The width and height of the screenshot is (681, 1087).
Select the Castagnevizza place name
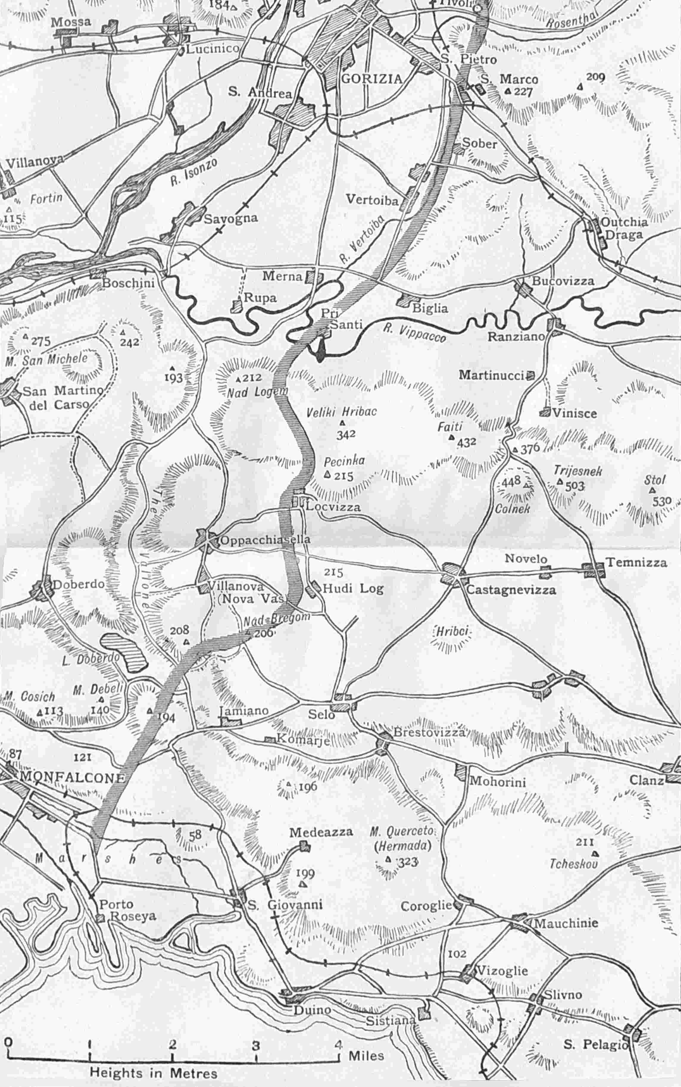tap(511, 590)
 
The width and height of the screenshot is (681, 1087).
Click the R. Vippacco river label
tap(414, 334)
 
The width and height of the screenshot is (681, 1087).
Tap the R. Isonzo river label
tap(194, 171)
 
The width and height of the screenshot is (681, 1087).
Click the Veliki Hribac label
tap(341, 412)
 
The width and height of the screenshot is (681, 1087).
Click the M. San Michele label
tap(47, 359)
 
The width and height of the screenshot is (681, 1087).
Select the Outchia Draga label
tap(624, 228)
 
